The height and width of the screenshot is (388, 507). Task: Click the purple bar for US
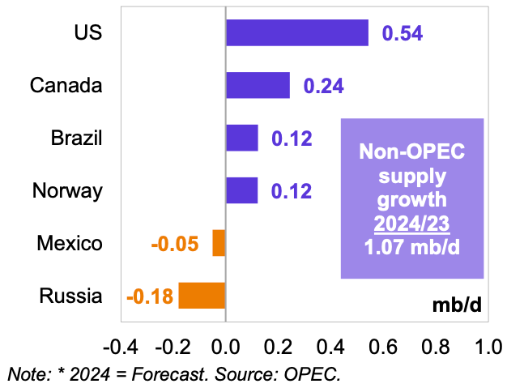[296, 33]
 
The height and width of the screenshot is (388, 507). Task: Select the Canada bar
[258, 85]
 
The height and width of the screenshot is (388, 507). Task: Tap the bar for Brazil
[241, 138]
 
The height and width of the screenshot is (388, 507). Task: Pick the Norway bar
[241, 190]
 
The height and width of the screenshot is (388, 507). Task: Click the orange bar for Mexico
[219, 243]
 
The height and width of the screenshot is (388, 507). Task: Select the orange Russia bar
[202, 296]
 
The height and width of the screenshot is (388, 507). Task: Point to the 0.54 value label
[403, 34]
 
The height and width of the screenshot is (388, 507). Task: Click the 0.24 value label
[324, 86]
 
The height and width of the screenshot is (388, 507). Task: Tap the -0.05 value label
[175, 244]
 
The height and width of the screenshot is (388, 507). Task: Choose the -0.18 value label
[150, 296]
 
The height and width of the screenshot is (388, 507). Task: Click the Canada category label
[66, 85]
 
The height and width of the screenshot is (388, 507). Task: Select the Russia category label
[70, 296]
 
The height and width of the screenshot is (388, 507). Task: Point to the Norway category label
[67, 191]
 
